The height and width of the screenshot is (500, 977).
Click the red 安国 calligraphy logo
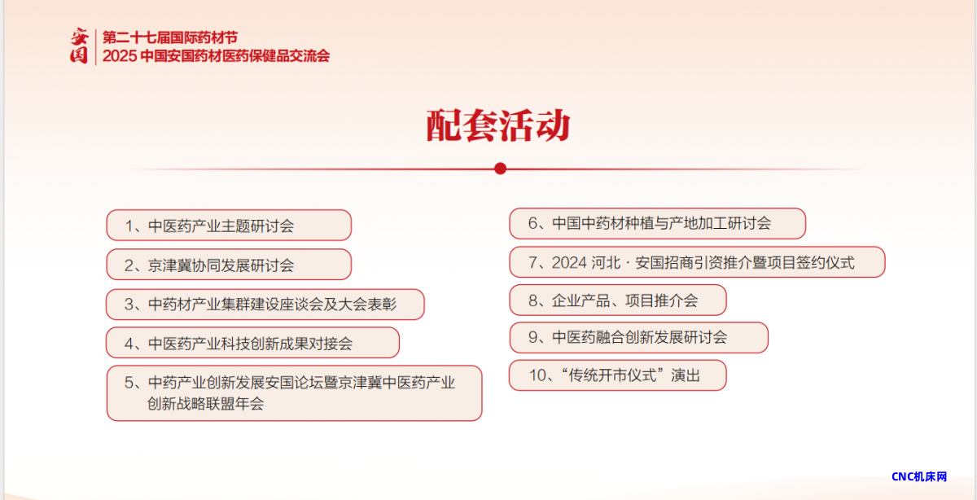point(79,46)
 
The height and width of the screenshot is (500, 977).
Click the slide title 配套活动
point(498,125)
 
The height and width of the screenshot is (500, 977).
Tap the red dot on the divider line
point(500,169)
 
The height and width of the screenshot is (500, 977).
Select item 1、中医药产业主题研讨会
point(229,225)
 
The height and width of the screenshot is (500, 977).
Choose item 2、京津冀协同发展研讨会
point(229,265)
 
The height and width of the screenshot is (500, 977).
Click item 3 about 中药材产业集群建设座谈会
point(265,304)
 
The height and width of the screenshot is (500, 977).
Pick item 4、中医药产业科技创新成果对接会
point(252,343)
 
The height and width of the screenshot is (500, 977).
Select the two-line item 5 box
point(295,393)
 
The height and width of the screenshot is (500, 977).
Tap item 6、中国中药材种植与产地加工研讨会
point(657,223)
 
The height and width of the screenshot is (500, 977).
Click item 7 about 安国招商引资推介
point(697,261)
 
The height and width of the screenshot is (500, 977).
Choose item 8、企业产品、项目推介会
point(618,300)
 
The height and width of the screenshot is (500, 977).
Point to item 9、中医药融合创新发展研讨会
point(638,337)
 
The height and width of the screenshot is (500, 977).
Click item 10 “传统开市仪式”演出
point(618,375)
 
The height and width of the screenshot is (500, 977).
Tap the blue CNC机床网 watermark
point(919,476)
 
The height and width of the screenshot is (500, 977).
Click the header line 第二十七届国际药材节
point(170,37)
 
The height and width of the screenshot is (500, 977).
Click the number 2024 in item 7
point(569,263)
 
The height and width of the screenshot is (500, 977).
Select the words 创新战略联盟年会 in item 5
point(205,404)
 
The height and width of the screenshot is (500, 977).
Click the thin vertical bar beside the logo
point(95,46)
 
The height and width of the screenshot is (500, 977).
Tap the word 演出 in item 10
point(686,375)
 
